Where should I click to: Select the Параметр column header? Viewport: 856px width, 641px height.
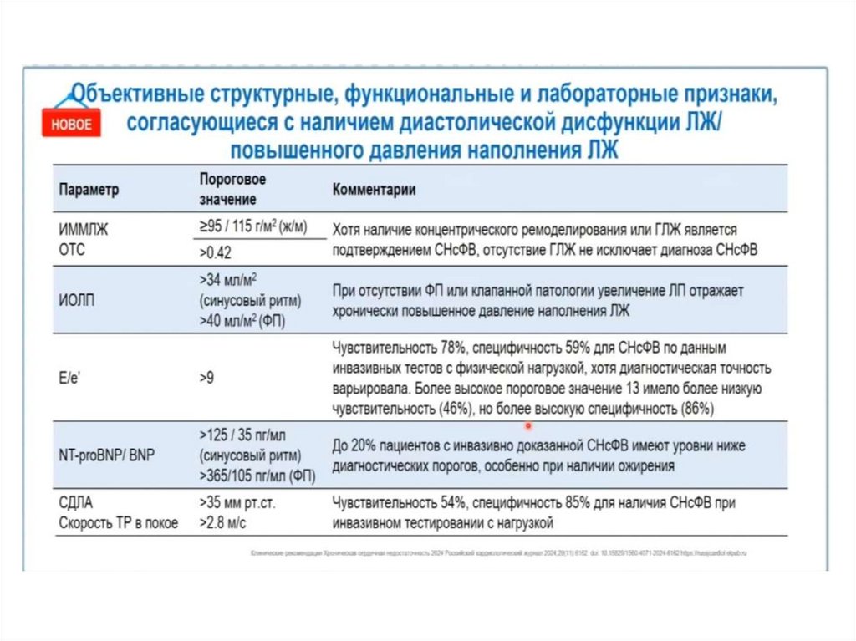[x=89, y=190]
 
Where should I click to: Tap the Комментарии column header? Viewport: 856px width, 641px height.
[x=374, y=190]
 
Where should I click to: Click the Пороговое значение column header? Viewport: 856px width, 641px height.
[x=232, y=190]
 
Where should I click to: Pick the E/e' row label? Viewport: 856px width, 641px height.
[x=71, y=378]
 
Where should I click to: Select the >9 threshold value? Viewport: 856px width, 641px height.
[x=207, y=378]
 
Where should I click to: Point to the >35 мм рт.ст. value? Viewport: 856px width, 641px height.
[x=242, y=504]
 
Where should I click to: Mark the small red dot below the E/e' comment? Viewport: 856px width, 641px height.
[x=528, y=424]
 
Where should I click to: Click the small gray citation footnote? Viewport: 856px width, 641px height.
[x=499, y=553]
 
